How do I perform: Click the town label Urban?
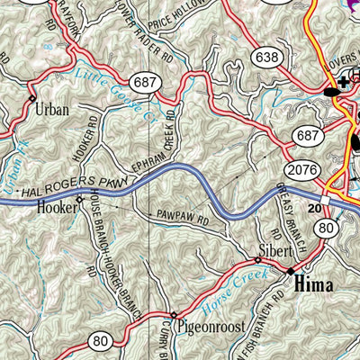pyautogui.click(x=51, y=114)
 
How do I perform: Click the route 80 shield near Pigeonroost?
pyautogui.click(x=102, y=340)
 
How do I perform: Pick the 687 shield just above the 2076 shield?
pyautogui.click(x=306, y=137)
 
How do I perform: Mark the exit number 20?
pyautogui.click(x=314, y=208)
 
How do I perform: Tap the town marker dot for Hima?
pyautogui.click(x=290, y=269)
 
